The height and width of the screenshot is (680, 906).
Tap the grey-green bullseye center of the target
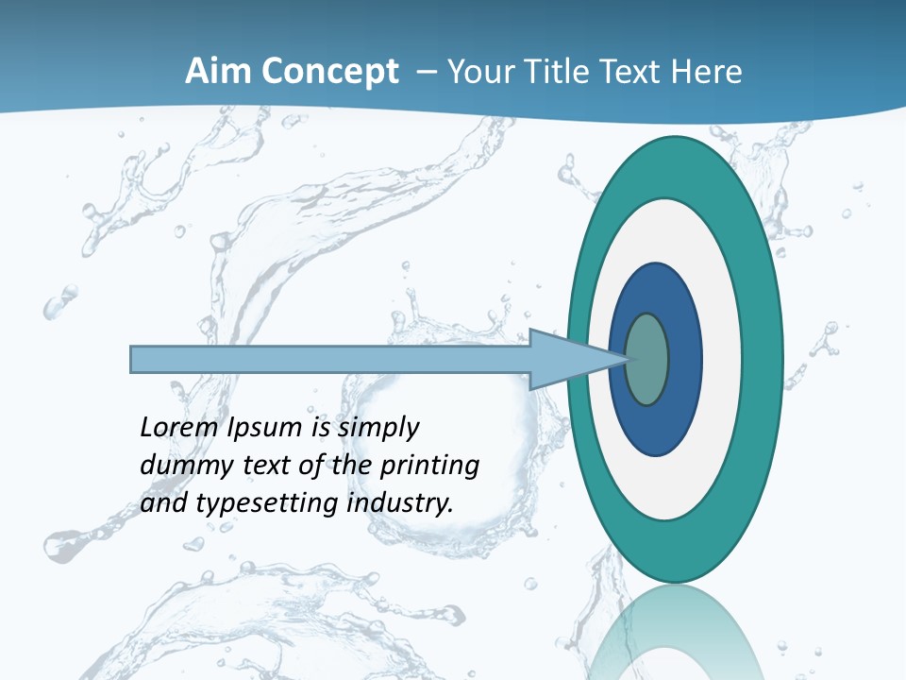pos(647,359)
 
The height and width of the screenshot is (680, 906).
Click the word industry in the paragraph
pos(401,504)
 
